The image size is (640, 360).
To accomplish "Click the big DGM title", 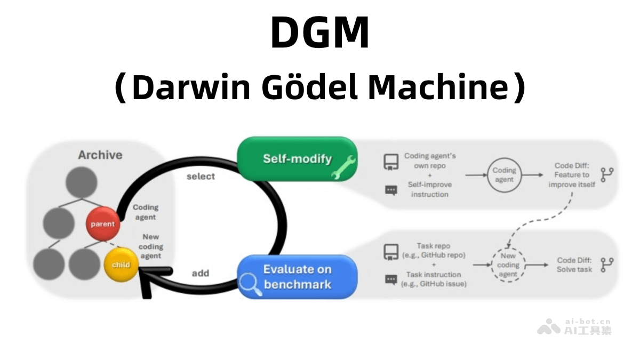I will (319, 33).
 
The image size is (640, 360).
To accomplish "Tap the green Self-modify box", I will (297, 159).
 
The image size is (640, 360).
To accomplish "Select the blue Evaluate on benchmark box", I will (297, 277).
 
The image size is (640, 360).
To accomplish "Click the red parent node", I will (102, 223).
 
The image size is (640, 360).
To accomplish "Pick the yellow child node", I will (121, 265).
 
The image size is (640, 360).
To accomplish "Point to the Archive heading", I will (100, 155).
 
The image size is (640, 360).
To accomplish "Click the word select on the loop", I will (201, 177).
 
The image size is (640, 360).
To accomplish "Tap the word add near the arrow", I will (201, 273).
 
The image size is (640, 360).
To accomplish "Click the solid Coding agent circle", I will (504, 175).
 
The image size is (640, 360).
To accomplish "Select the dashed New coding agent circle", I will (508, 265).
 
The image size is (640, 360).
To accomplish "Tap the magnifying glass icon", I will (249, 284).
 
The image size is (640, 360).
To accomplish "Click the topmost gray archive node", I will (81, 182).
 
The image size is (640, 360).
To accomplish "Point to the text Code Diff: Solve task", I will (574, 265).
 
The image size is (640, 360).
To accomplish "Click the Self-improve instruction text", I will (429, 189).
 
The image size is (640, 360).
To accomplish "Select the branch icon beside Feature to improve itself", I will (607, 175).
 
